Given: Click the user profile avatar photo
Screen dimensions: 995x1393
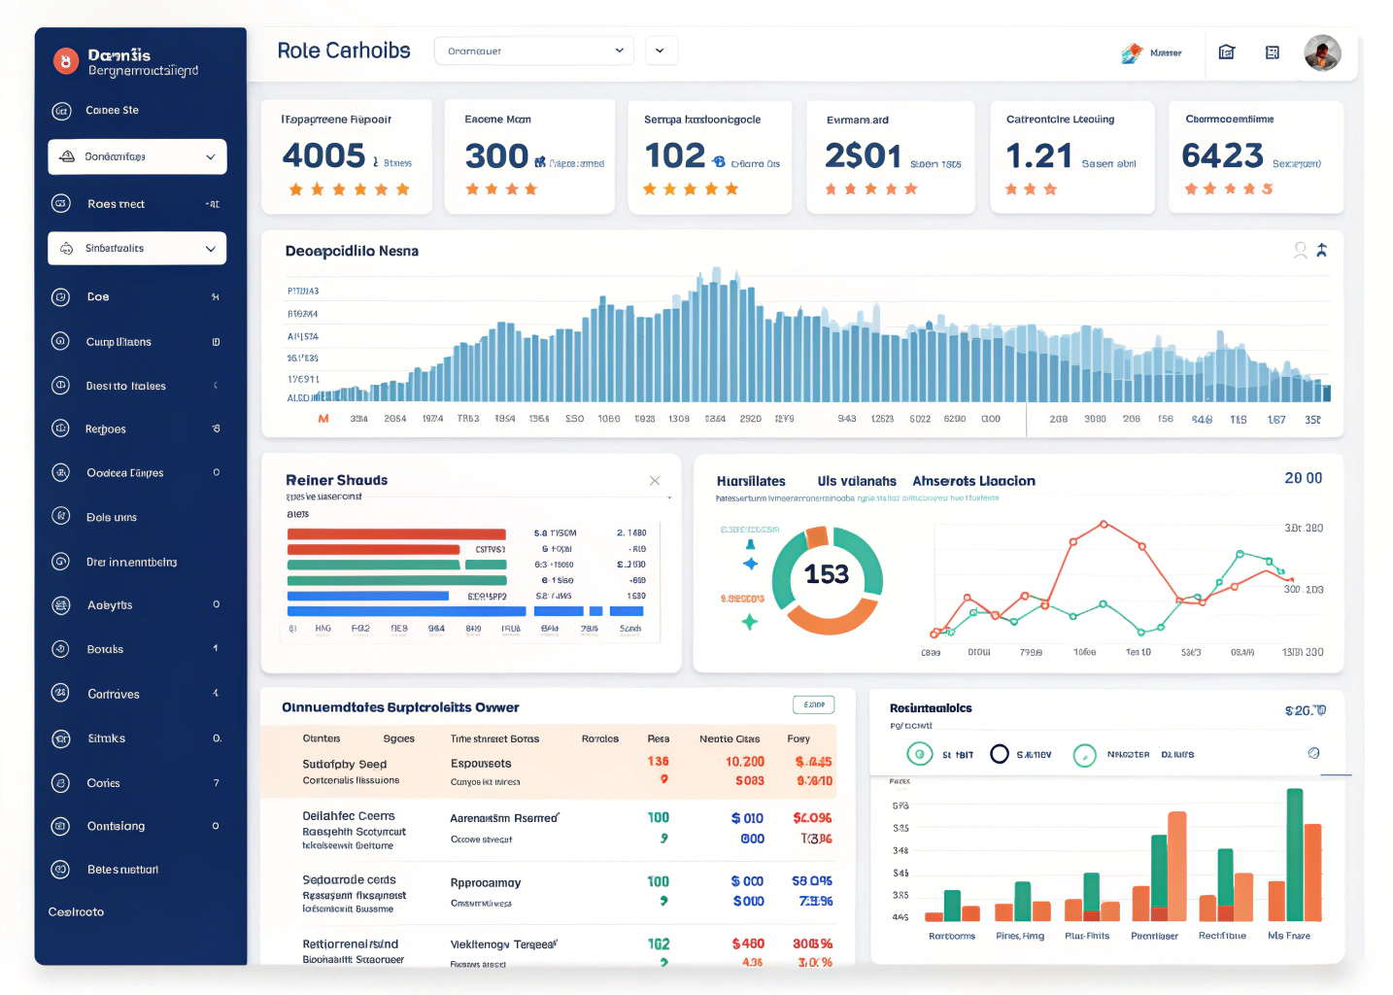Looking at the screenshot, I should (1322, 52).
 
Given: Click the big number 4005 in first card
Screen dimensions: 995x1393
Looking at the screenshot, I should (323, 155).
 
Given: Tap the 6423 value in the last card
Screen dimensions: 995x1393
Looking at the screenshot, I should (1222, 155).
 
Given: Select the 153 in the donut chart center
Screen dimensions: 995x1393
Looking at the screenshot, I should (827, 574).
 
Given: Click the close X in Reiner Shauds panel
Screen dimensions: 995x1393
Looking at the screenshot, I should (655, 481).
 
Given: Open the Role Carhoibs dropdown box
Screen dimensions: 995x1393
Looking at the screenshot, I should (533, 51).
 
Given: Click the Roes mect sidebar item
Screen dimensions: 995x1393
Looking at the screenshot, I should (116, 204).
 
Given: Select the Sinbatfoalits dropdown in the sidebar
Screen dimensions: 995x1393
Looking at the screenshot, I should (137, 249).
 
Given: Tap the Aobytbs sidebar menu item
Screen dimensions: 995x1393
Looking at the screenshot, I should (110, 605).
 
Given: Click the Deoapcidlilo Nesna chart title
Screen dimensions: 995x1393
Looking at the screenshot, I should (352, 251).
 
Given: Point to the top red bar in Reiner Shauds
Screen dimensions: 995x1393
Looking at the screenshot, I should (396, 533).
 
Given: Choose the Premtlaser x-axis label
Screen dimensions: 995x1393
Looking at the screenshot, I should (1154, 936).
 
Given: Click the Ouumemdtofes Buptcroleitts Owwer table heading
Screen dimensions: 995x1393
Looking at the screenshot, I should (400, 707).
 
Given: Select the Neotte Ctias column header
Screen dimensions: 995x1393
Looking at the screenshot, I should (730, 738).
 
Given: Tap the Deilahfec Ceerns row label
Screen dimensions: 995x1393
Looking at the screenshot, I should (349, 816).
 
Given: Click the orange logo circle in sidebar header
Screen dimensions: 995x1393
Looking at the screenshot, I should (65, 62).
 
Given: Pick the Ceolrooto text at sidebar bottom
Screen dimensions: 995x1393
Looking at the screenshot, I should (76, 911).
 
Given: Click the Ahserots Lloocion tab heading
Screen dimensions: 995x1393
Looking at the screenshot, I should (973, 481).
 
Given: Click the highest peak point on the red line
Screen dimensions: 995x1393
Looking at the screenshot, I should (1104, 524).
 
